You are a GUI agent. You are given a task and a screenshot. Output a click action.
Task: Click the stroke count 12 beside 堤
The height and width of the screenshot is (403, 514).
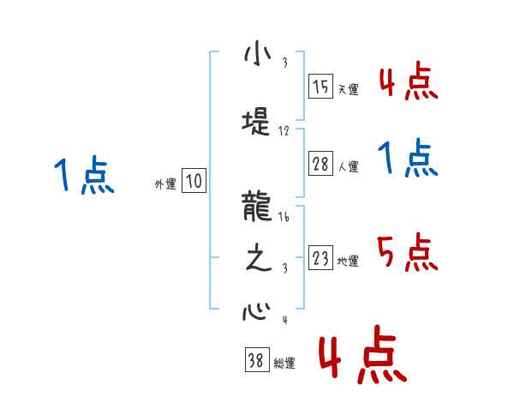(x=284, y=132)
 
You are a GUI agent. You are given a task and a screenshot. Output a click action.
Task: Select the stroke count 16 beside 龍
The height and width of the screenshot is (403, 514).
(x=285, y=219)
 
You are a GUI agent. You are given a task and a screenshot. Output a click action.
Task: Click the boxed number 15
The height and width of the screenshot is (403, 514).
(x=320, y=87)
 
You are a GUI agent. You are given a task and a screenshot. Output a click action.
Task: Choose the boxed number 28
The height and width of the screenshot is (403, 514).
(x=320, y=165)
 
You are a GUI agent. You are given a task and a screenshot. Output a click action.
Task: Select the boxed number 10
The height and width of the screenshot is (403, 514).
(x=194, y=181)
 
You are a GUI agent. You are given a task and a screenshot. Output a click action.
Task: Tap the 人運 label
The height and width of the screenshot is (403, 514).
(x=348, y=168)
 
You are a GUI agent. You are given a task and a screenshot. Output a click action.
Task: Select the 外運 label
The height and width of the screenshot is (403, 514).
(x=165, y=183)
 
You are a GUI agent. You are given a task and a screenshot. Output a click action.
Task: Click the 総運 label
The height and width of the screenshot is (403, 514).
(x=284, y=364)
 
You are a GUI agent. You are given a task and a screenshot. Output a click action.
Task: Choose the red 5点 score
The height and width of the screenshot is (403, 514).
(x=406, y=254)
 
